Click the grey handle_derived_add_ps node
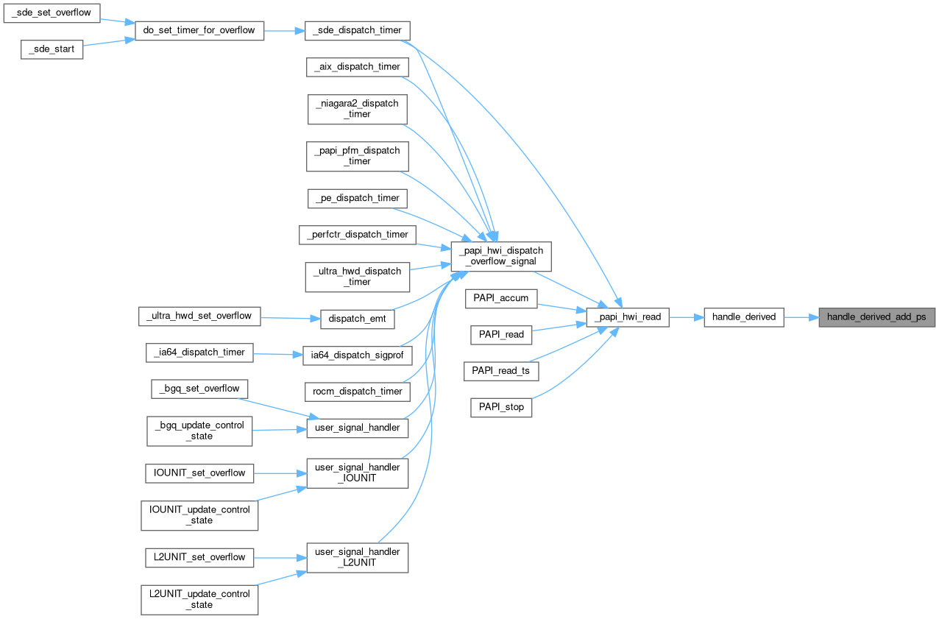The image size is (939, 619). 876,317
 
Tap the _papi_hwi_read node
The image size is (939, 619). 627,317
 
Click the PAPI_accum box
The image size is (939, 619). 501,298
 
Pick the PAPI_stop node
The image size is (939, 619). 501,407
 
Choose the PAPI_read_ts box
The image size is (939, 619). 501,371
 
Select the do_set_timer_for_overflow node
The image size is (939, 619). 199,30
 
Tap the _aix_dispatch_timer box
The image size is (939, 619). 357,66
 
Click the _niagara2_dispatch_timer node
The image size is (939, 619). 357,108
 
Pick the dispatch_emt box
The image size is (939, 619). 357,319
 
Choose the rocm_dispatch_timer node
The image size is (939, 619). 357,391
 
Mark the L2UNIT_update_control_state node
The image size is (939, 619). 199,599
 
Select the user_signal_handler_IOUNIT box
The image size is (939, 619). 357,473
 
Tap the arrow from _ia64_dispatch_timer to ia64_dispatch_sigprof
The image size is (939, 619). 278,354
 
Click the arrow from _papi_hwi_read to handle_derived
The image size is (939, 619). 686,317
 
